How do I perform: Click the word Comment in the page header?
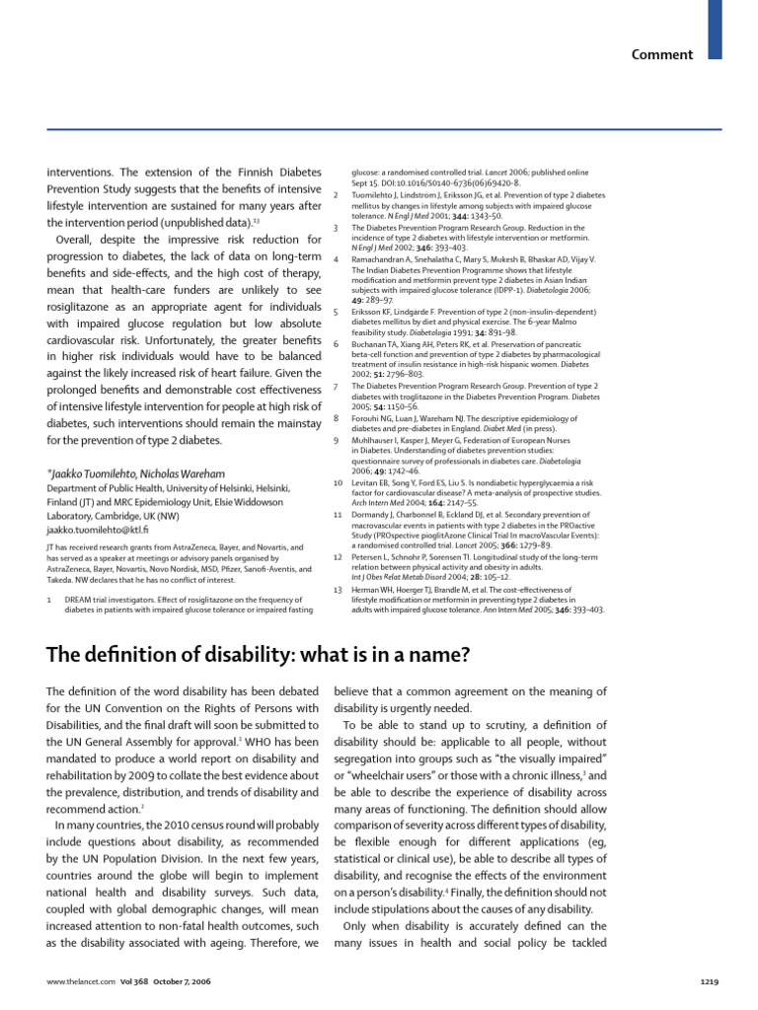point(663,54)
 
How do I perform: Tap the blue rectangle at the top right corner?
point(716,29)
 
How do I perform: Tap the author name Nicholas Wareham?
point(188,473)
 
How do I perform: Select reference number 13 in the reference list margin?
point(338,589)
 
